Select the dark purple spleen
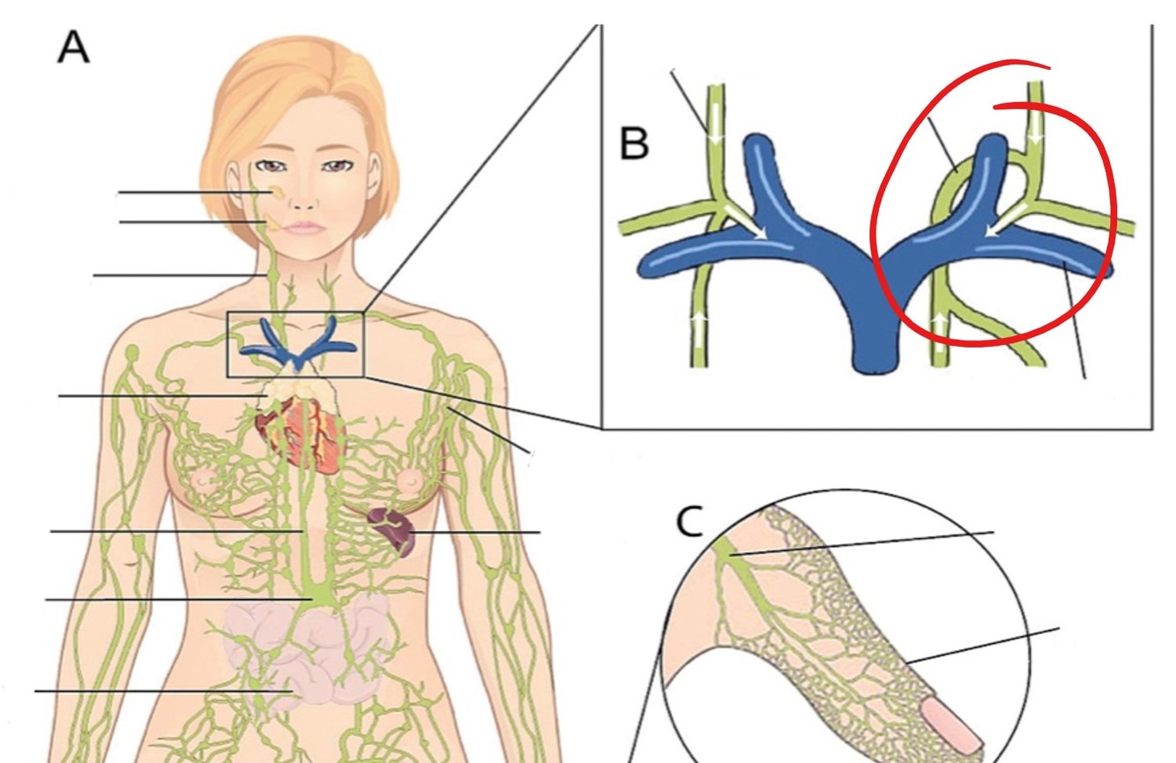(393, 530)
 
